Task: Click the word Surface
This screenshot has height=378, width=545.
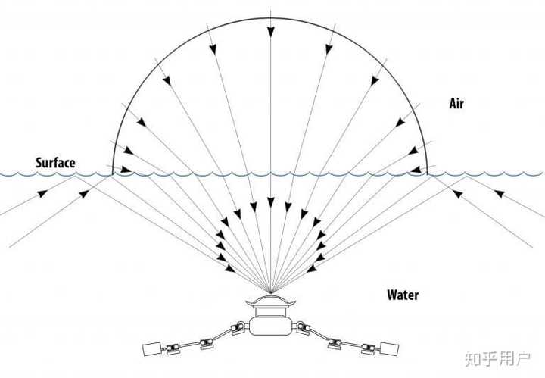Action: (x=55, y=163)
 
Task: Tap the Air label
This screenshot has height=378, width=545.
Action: (x=456, y=104)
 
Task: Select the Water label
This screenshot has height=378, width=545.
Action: (x=403, y=295)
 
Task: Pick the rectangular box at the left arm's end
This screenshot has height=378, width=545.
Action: (x=151, y=349)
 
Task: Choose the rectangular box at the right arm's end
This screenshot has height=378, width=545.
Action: (x=391, y=349)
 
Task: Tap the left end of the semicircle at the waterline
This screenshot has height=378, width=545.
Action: (x=113, y=173)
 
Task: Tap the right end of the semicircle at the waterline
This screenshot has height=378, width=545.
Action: (x=428, y=173)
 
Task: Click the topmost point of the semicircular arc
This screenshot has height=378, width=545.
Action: (x=270, y=17)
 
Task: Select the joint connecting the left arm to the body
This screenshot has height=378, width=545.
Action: (x=238, y=328)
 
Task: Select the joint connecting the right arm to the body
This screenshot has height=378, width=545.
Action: (x=304, y=328)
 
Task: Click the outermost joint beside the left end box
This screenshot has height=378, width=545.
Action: (x=173, y=348)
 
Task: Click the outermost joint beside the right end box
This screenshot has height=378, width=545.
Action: (x=369, y=348)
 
